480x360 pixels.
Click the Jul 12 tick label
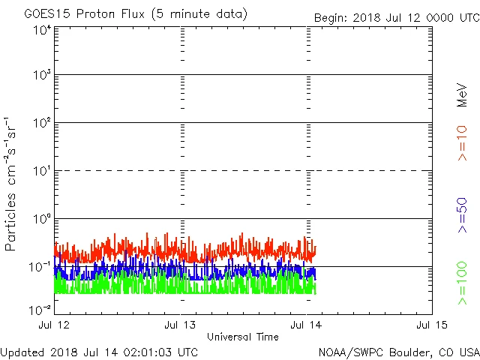[55, 324]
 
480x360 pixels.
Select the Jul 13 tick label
[181, 324]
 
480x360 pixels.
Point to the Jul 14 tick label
[306, 324]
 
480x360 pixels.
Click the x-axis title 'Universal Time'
[242, 337]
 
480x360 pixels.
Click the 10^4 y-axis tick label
[42, 30]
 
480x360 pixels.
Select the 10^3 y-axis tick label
[42, 76]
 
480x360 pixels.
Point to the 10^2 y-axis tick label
[42, 123]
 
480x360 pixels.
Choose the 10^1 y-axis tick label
[42, 171]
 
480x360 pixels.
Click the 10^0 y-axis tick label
[42, 219]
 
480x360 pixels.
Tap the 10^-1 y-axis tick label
[40, 267]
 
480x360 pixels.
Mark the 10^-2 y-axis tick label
[40, 309]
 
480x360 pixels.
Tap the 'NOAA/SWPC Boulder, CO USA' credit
[398, 352]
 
